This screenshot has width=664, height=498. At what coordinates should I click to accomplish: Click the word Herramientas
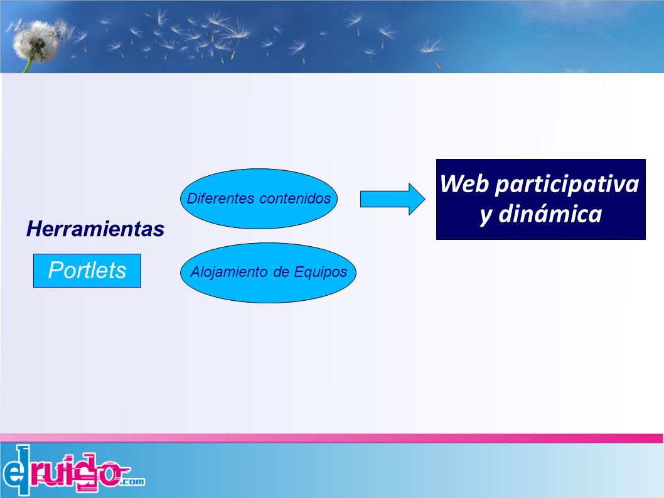95,229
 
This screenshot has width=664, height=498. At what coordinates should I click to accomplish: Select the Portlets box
87,271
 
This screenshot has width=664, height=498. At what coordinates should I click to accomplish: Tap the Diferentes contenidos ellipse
259,199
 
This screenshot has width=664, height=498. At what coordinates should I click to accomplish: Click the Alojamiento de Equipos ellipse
268,273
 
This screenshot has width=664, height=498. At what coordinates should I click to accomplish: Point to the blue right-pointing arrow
392,199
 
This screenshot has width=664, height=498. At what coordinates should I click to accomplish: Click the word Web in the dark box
464,184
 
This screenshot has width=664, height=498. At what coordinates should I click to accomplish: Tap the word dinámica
550,214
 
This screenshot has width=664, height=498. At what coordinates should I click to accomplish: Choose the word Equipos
321,272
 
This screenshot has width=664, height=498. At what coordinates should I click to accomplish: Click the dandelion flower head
36,41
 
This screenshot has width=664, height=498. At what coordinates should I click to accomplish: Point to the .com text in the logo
132,482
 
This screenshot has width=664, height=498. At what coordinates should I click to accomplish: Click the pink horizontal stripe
331,438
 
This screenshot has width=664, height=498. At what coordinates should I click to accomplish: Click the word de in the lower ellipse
281,272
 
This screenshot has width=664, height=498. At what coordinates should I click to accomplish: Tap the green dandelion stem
28,66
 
